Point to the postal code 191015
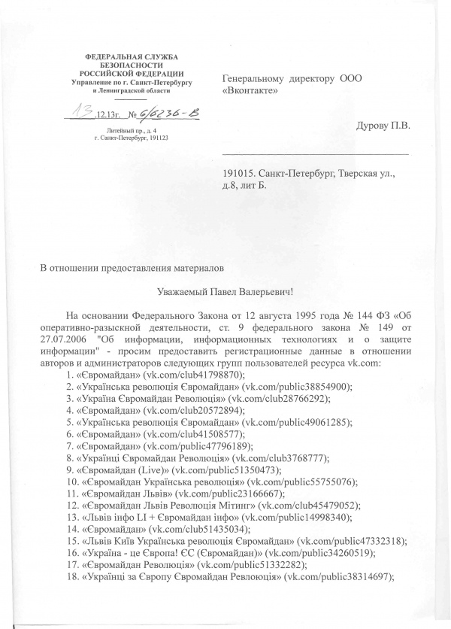[x=240, y=172]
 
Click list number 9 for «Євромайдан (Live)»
[x=71, y=469]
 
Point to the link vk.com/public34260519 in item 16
[x=304, y=553]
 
